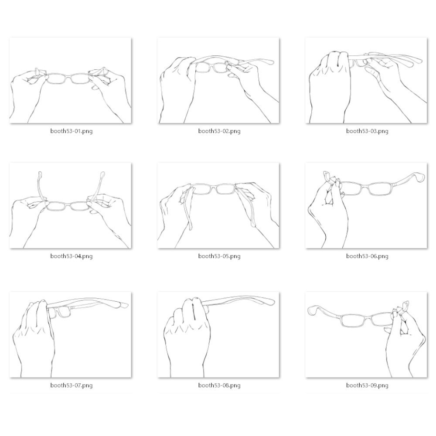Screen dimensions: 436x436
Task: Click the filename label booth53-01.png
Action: [x=72, y=131]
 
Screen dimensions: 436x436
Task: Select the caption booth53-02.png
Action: [x=219, y=131]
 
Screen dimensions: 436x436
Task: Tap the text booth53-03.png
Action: [x=367, y=131]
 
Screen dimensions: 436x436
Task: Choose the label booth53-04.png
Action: [x=72, y=256]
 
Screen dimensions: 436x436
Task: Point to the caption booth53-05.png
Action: [x=219, y=256]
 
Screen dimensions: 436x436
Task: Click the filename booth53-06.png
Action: [x=367, y=256]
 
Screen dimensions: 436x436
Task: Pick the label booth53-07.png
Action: [x=72, y=385]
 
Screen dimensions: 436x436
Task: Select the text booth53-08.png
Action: [x=219, y=385]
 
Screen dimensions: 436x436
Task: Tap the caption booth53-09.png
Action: [x=367, y=385]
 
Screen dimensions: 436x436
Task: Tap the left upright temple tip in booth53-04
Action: [x=40, y=175]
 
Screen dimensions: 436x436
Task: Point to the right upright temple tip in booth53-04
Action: [x=103, y=175]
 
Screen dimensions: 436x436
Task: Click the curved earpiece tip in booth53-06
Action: [x=421, y=177]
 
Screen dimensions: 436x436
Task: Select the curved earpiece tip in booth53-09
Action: [x=312, y=310]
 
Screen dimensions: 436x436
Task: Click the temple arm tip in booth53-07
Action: [x=124, y=305]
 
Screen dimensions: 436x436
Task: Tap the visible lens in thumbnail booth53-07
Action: [x=64, y=312]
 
